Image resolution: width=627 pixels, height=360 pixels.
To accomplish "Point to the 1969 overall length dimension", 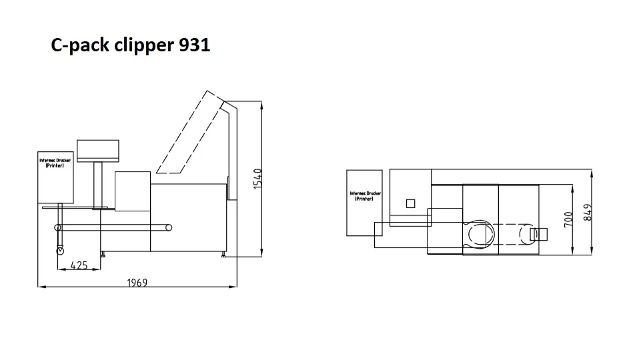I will [x=137, y=282].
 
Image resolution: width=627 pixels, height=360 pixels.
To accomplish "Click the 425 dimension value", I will [x=79, y=265].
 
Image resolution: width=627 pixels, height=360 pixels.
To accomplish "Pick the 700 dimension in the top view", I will [x=569, y=220].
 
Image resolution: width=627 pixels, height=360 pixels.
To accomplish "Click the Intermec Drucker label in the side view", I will [x=55, y=163].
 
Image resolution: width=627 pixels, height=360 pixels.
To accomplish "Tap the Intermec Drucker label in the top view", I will [x=365, y=196].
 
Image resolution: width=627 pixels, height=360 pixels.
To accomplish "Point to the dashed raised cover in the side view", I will [x=187, y=133].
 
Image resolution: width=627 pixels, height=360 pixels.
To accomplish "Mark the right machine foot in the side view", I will [x=223, y=254].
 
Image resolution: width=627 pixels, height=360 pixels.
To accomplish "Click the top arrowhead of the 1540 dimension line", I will [x=261, y=107].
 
